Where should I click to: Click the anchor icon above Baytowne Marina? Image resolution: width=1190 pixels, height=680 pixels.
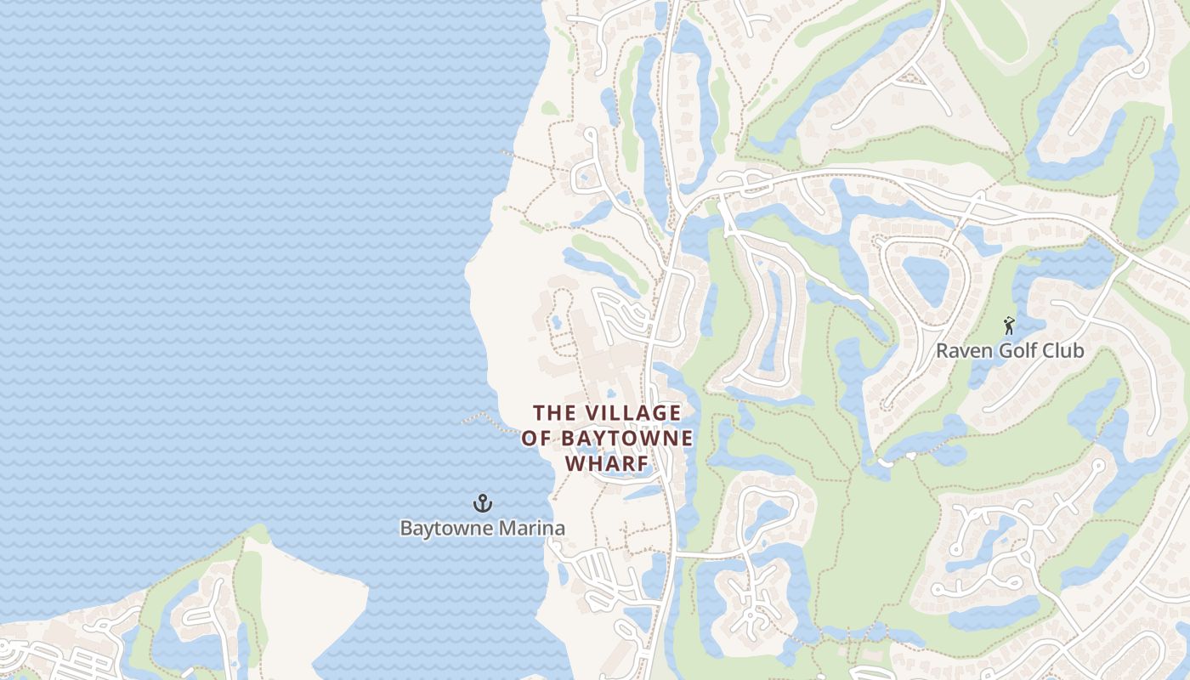[x=483, y=503]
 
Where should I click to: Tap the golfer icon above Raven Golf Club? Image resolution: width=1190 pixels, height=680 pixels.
[x=1009, y=325]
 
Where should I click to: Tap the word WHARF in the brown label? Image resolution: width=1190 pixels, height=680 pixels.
[x=607, y=464]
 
